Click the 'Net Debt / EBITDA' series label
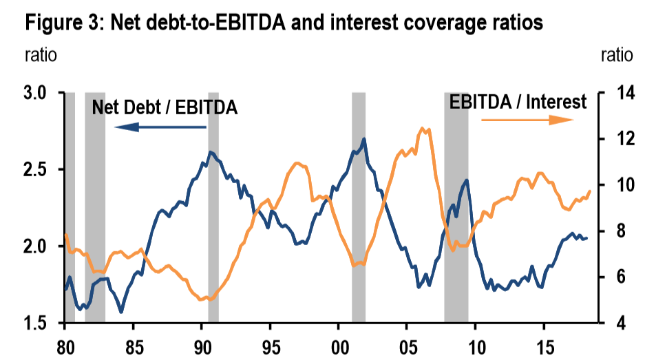coord(165,107)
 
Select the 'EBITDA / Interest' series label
coord(518,103)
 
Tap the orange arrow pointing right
coord(527,120)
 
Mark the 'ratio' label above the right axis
coord(616,55)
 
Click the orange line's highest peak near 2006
coord(423,128)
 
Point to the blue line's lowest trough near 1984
coord(121,312)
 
